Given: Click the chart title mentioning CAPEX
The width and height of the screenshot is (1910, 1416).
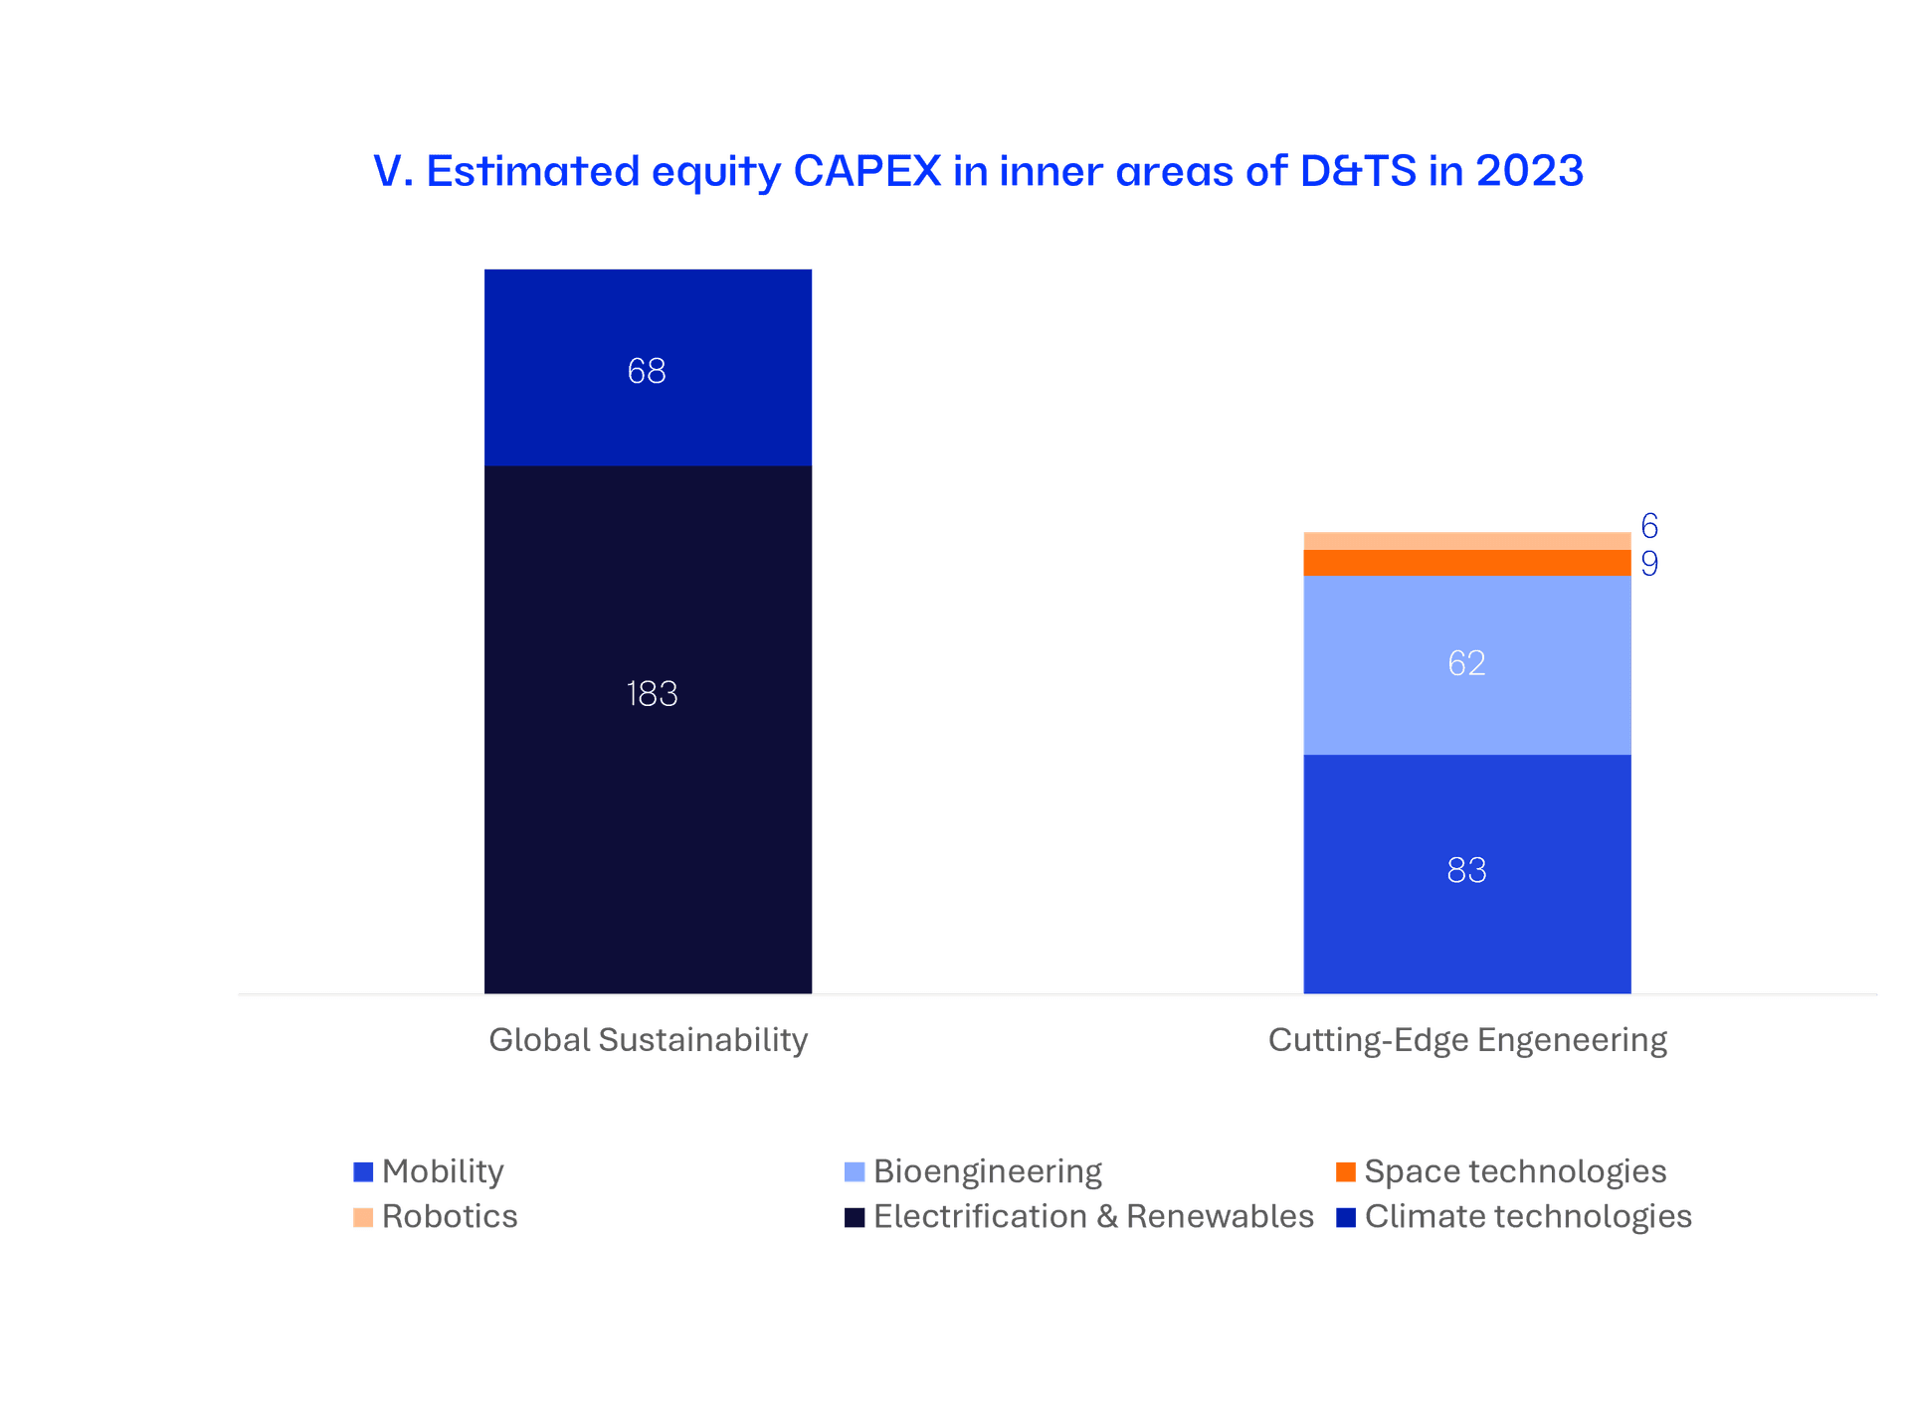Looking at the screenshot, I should coord(978,171).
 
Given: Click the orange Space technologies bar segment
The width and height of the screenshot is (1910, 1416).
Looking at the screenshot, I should coord(1466,563).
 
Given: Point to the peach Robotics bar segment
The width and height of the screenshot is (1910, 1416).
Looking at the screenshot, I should coord(1466,541).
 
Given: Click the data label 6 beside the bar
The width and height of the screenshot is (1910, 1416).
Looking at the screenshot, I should coord(1649,525).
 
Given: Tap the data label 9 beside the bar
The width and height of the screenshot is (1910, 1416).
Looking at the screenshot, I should coord(1649,564).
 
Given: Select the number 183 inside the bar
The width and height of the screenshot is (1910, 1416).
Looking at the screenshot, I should coord(652,693).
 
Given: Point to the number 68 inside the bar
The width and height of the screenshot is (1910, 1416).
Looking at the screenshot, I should coord(647,371).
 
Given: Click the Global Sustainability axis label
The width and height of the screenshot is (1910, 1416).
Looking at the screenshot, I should coord(648,1040).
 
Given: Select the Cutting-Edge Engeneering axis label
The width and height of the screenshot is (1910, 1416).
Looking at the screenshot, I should coord(1467,1040).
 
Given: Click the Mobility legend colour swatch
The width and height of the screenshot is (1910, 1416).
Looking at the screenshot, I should coord(363,1171).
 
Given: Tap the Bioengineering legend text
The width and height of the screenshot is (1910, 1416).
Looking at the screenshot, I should coord(987,1171).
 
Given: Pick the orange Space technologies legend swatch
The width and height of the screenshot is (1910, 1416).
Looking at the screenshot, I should coord(1345,1171).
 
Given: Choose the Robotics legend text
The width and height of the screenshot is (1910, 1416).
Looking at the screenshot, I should coord(450,1216).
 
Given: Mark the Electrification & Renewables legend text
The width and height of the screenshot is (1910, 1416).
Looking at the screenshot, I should coord(1093,1216).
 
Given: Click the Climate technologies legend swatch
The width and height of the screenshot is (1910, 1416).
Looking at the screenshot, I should coord(1345,1216).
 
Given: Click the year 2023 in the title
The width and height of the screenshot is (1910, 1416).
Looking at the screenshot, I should coord(1529,171).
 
